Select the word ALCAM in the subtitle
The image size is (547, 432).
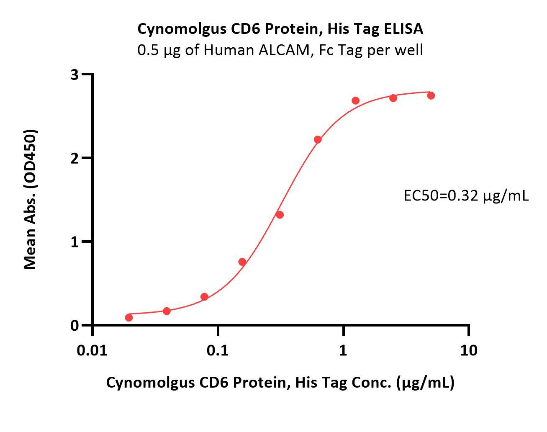287,50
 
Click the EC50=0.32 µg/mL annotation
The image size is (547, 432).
466,195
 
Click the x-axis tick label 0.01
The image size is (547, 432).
92,350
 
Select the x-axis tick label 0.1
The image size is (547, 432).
218,350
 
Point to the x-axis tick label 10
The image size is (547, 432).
468,350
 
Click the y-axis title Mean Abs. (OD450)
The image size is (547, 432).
31,199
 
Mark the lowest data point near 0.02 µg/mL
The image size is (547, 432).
129,318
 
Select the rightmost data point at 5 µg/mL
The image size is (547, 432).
431,95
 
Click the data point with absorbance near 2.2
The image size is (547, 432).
318,139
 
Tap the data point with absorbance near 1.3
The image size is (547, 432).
280,215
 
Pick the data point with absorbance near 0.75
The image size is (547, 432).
242,262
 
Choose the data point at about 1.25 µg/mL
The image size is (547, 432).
356,100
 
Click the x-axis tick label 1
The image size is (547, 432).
343,350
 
